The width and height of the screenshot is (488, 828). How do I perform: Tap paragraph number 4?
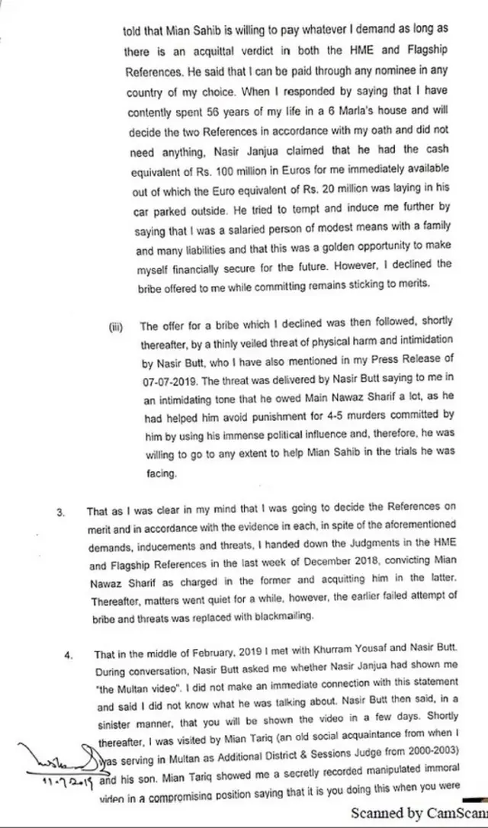[68, 654]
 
